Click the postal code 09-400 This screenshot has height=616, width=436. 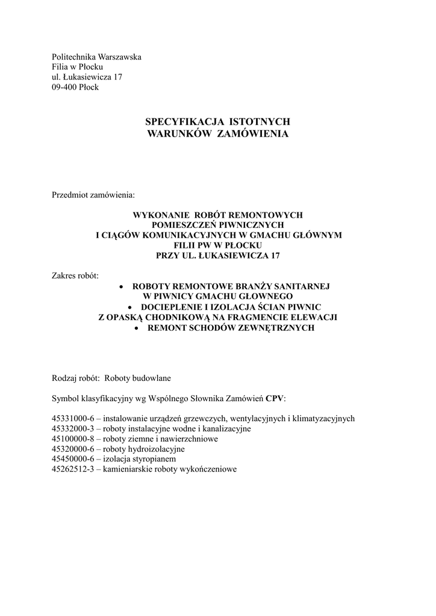coord(64,87)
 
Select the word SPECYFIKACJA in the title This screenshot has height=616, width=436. coord(180,122)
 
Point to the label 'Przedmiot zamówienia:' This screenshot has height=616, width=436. coord(94,196)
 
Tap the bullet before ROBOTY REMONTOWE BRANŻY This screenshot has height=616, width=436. coord(122,287)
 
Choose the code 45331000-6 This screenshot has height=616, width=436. coord(73,419)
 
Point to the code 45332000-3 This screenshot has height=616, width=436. coord(73,429)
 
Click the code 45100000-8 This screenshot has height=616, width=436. coord(73,439)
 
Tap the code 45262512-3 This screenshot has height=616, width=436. coord(73,470)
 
